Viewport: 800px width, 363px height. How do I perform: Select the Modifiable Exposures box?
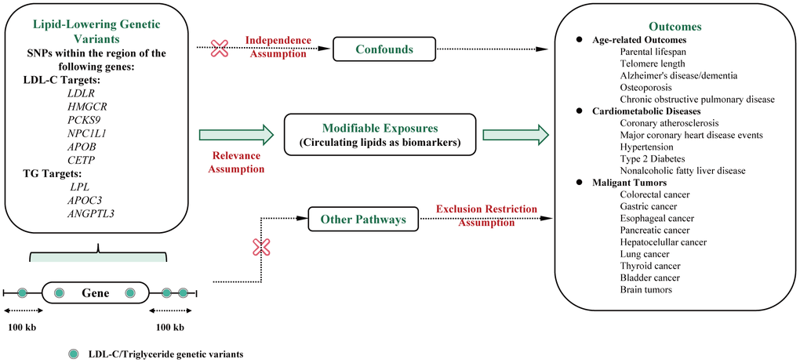coord(380,134)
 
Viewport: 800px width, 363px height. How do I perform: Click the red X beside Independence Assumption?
coord(221,49)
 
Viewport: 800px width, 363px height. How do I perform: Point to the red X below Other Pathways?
coord(260,248)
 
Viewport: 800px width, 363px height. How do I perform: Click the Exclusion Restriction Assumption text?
coord(486,215)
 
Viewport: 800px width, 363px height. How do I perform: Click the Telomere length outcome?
coord(653,64)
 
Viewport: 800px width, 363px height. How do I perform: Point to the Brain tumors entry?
coord(645,289)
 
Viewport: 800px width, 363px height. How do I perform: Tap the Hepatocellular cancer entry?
coord(663,242)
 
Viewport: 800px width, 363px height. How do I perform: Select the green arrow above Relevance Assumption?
coord(235,135)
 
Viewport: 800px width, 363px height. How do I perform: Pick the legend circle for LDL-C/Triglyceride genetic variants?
coord(73,354)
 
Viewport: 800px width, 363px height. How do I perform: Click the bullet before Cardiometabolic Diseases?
coord(579,111)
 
